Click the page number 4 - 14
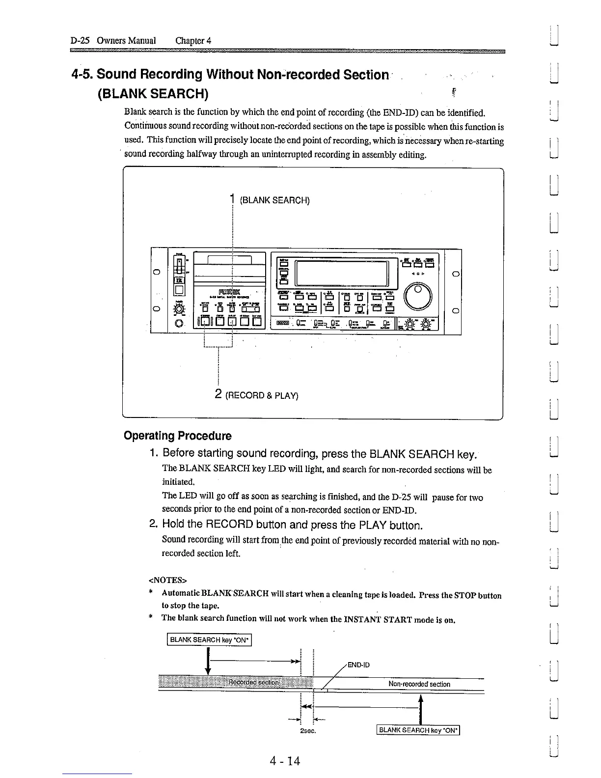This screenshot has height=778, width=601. point(285,761)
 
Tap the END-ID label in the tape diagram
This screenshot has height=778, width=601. point(358,665)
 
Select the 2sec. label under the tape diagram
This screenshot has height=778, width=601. point(307,731)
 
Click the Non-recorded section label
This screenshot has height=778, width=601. point(419,684)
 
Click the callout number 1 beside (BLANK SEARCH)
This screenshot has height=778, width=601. point(231,199)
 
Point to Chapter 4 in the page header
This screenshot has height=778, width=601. point(193,40)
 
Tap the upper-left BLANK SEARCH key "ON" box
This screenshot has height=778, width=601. point(210,639)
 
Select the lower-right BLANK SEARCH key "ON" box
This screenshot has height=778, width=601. point(417,730)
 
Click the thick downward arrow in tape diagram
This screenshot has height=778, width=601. point(209,662)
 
